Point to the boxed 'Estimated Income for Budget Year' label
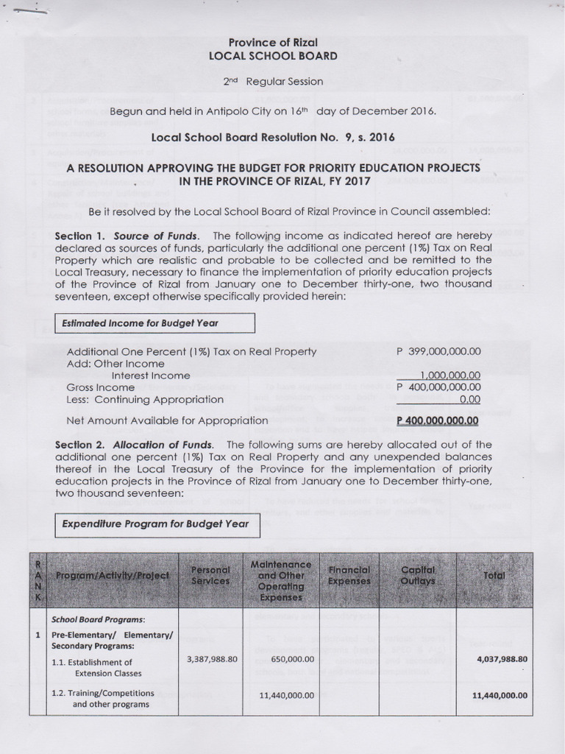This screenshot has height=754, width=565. [154, 323]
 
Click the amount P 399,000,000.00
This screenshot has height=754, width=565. [438, 351]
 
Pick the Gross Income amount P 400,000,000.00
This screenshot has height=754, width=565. [438, 387]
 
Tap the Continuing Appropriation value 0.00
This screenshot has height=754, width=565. [469, 398]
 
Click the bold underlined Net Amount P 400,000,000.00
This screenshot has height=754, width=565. [438, 420]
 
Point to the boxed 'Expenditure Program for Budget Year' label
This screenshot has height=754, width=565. [154, 524]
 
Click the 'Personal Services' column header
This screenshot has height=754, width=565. [211, 575]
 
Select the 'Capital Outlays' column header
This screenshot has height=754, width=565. [417, 575]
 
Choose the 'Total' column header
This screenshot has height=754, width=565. [494, 575]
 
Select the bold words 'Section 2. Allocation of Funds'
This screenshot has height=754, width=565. [135, 445]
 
